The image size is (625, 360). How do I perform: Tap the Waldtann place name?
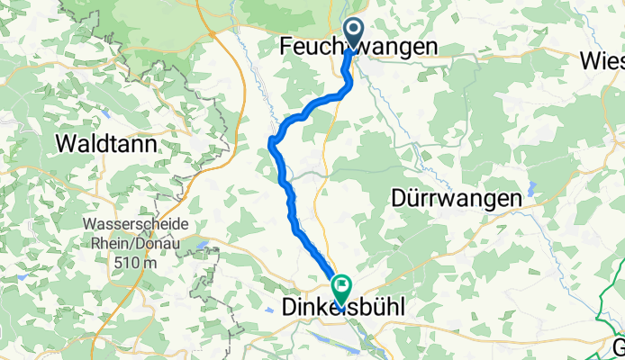coord(107,143)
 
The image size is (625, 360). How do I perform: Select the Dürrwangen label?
coord(457,198)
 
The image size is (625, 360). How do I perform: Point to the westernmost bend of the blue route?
coord(270,144)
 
